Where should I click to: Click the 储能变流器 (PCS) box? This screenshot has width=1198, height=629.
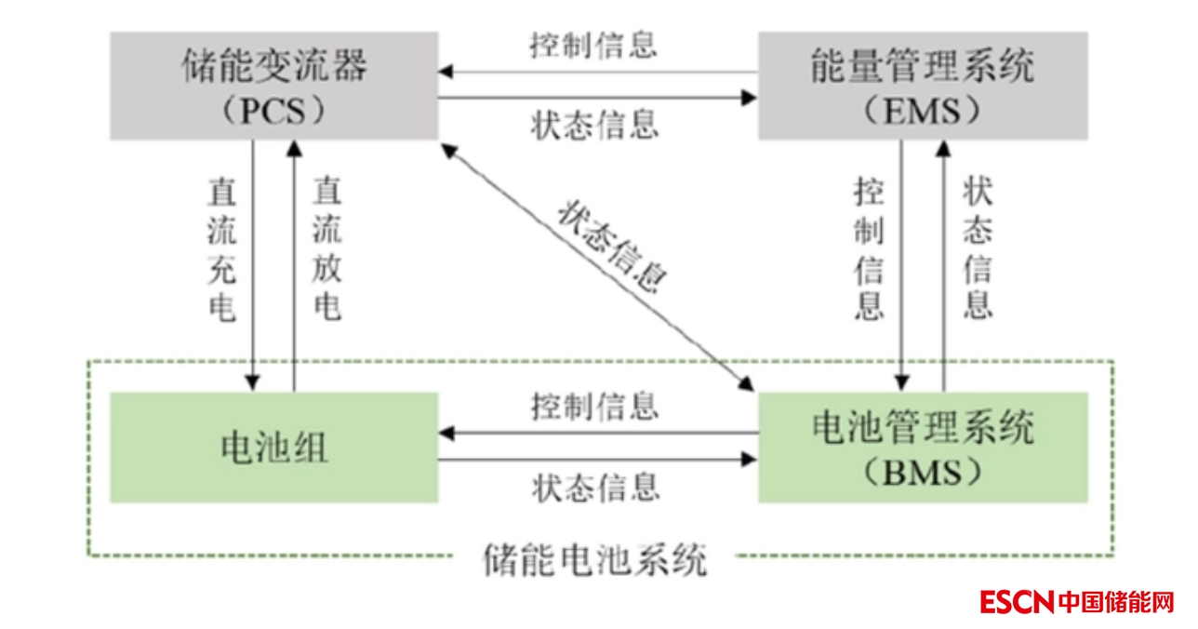click(x=273, y=86)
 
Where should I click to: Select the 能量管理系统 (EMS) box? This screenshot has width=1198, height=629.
click(x=922, y=86)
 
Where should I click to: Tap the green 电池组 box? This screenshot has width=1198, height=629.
click(x=273, y=448)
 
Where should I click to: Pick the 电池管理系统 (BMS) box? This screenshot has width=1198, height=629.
click(x=922, y=448)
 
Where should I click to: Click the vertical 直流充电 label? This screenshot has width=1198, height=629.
click(x=221, y=251)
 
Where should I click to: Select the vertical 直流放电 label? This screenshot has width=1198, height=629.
click(x=326, y=251)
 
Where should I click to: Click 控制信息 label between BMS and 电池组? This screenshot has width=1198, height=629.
click(x=595, y=407)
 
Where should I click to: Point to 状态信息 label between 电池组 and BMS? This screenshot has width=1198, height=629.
click(x=595, y=486)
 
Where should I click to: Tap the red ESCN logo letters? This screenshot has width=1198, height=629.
click(x=1017, y=601)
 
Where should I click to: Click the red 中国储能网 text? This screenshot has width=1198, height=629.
click(x=1116, y=601)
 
